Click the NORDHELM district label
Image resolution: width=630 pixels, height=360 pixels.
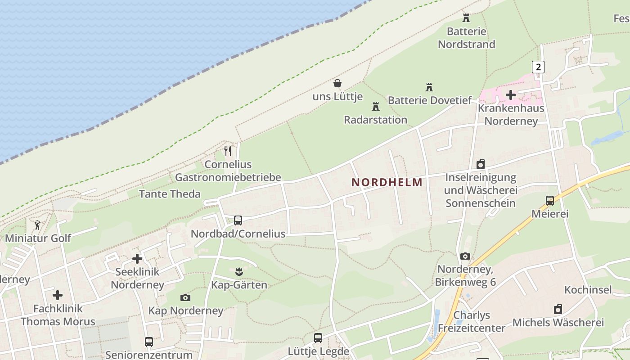click(387, 182)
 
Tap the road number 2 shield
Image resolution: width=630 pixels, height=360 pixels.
click(538, 67)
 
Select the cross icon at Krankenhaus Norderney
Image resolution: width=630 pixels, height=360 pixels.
click(511, 95)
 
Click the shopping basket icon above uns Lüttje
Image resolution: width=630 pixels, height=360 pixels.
click(337, 83)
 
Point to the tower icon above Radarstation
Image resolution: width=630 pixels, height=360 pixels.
click(375, 107)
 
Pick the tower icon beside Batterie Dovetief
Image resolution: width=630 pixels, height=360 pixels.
click(429, 87)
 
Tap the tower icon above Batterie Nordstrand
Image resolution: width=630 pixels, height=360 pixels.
click(466, 18)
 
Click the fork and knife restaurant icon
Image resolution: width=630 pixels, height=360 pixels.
click(228, 151)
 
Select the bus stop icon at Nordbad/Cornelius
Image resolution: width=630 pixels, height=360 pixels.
click(238, 220)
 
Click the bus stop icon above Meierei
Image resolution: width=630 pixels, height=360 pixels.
click(550, 201)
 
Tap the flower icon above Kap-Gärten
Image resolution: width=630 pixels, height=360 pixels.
click(238, 271)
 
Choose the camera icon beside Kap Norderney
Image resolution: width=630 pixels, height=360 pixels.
click(185, 297)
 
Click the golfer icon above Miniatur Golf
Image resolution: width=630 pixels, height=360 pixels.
click(37, 225)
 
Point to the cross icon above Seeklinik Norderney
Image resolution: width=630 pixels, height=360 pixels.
click(137, 259)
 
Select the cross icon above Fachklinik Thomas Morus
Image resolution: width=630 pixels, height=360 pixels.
click(58, 295)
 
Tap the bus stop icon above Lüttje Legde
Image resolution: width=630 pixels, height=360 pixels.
click(318, 337)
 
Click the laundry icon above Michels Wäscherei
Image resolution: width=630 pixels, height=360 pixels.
click(558, 309)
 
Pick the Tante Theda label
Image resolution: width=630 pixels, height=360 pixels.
click(170, 194)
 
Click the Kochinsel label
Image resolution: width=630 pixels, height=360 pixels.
click(588, 289)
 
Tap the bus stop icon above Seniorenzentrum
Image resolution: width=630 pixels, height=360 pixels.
click(149, 342)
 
